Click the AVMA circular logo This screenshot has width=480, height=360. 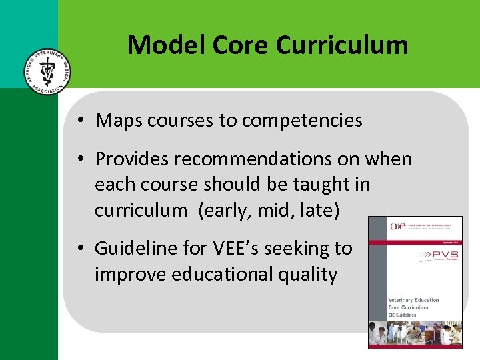point(45,71)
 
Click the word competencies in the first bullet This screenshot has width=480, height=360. point(302,121)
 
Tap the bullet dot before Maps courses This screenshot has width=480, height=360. point(79,121)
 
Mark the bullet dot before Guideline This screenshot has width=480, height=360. point(79,249)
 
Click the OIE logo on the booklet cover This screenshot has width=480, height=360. point(397,227)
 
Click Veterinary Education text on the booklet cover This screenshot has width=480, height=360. point(413,300)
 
